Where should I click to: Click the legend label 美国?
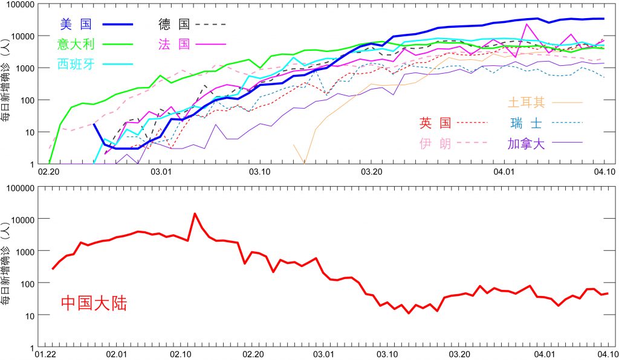point(76,24)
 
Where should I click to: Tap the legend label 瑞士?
point(525,123)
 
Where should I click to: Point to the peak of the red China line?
point(195,213)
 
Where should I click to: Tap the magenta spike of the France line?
point(528,25)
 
